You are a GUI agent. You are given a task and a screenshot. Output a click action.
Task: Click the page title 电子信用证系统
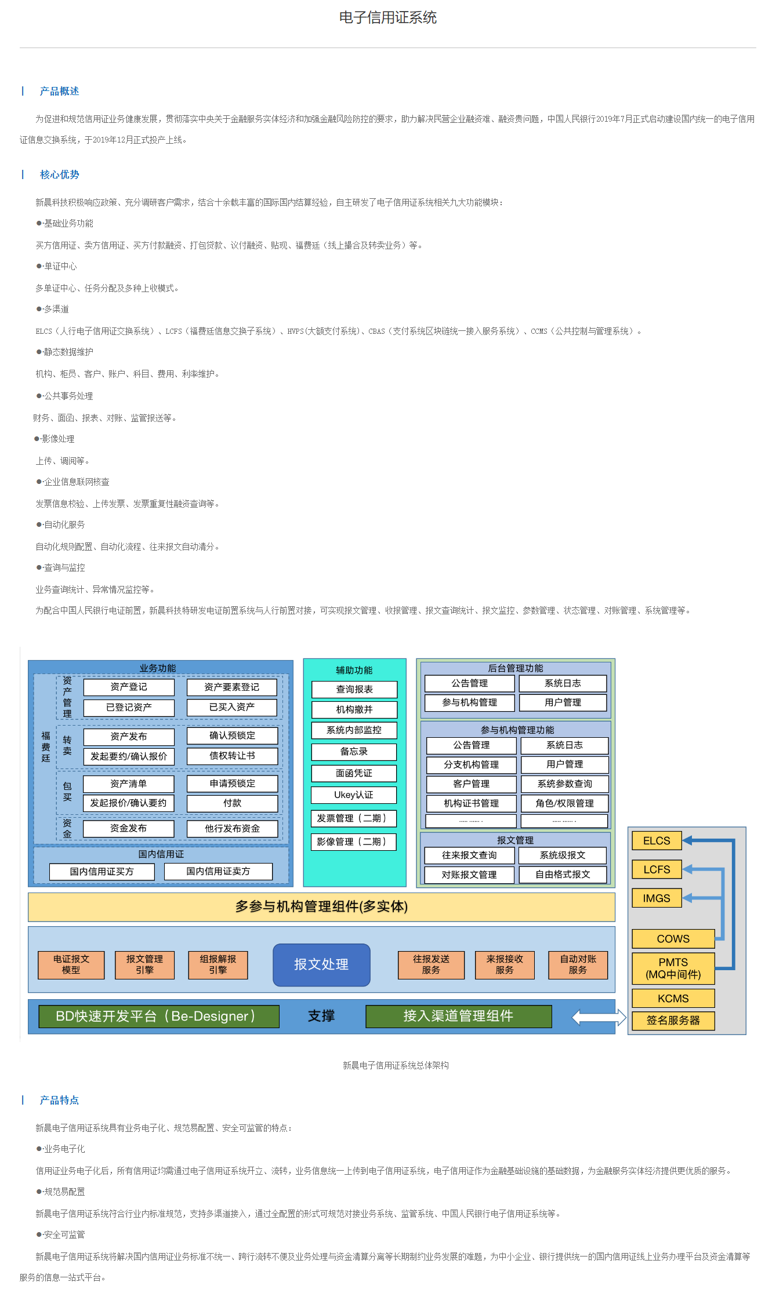pos(387,17)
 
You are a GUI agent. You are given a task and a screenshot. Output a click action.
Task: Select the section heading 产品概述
pos(59,91)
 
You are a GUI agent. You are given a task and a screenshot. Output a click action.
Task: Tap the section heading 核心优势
pos(59,174)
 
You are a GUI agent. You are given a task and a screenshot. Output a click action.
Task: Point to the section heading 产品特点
pos(59,1100)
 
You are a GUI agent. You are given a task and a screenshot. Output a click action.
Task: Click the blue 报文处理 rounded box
pos(321,964)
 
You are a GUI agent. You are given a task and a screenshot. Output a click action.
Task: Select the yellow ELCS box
pos(657,840)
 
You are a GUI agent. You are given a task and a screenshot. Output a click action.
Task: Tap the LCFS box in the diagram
pos(657,869)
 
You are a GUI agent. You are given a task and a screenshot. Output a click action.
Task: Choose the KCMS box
pos(673,998)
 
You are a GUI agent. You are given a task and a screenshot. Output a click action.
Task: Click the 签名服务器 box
pos(673,1020)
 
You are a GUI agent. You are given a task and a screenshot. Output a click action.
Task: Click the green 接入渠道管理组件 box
pos(458,1016)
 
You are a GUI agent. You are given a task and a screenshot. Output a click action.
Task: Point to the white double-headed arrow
pos(599,1017)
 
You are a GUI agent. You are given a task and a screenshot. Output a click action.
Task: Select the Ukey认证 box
pos(354,795)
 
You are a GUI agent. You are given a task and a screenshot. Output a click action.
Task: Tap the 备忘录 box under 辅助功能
pos(354,752)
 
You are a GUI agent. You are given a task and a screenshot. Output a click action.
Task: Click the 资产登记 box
pos(129,687)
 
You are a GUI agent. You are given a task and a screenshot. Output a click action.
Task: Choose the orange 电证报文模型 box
pos(71,964)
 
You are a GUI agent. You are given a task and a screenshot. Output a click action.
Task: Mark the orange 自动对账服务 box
pos(578,964)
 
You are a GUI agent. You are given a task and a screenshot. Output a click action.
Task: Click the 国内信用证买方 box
pos(102,872)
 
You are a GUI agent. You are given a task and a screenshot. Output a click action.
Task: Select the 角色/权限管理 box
pos(564,803)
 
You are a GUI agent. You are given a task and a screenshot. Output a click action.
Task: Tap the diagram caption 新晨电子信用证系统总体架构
pos(396,1065)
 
